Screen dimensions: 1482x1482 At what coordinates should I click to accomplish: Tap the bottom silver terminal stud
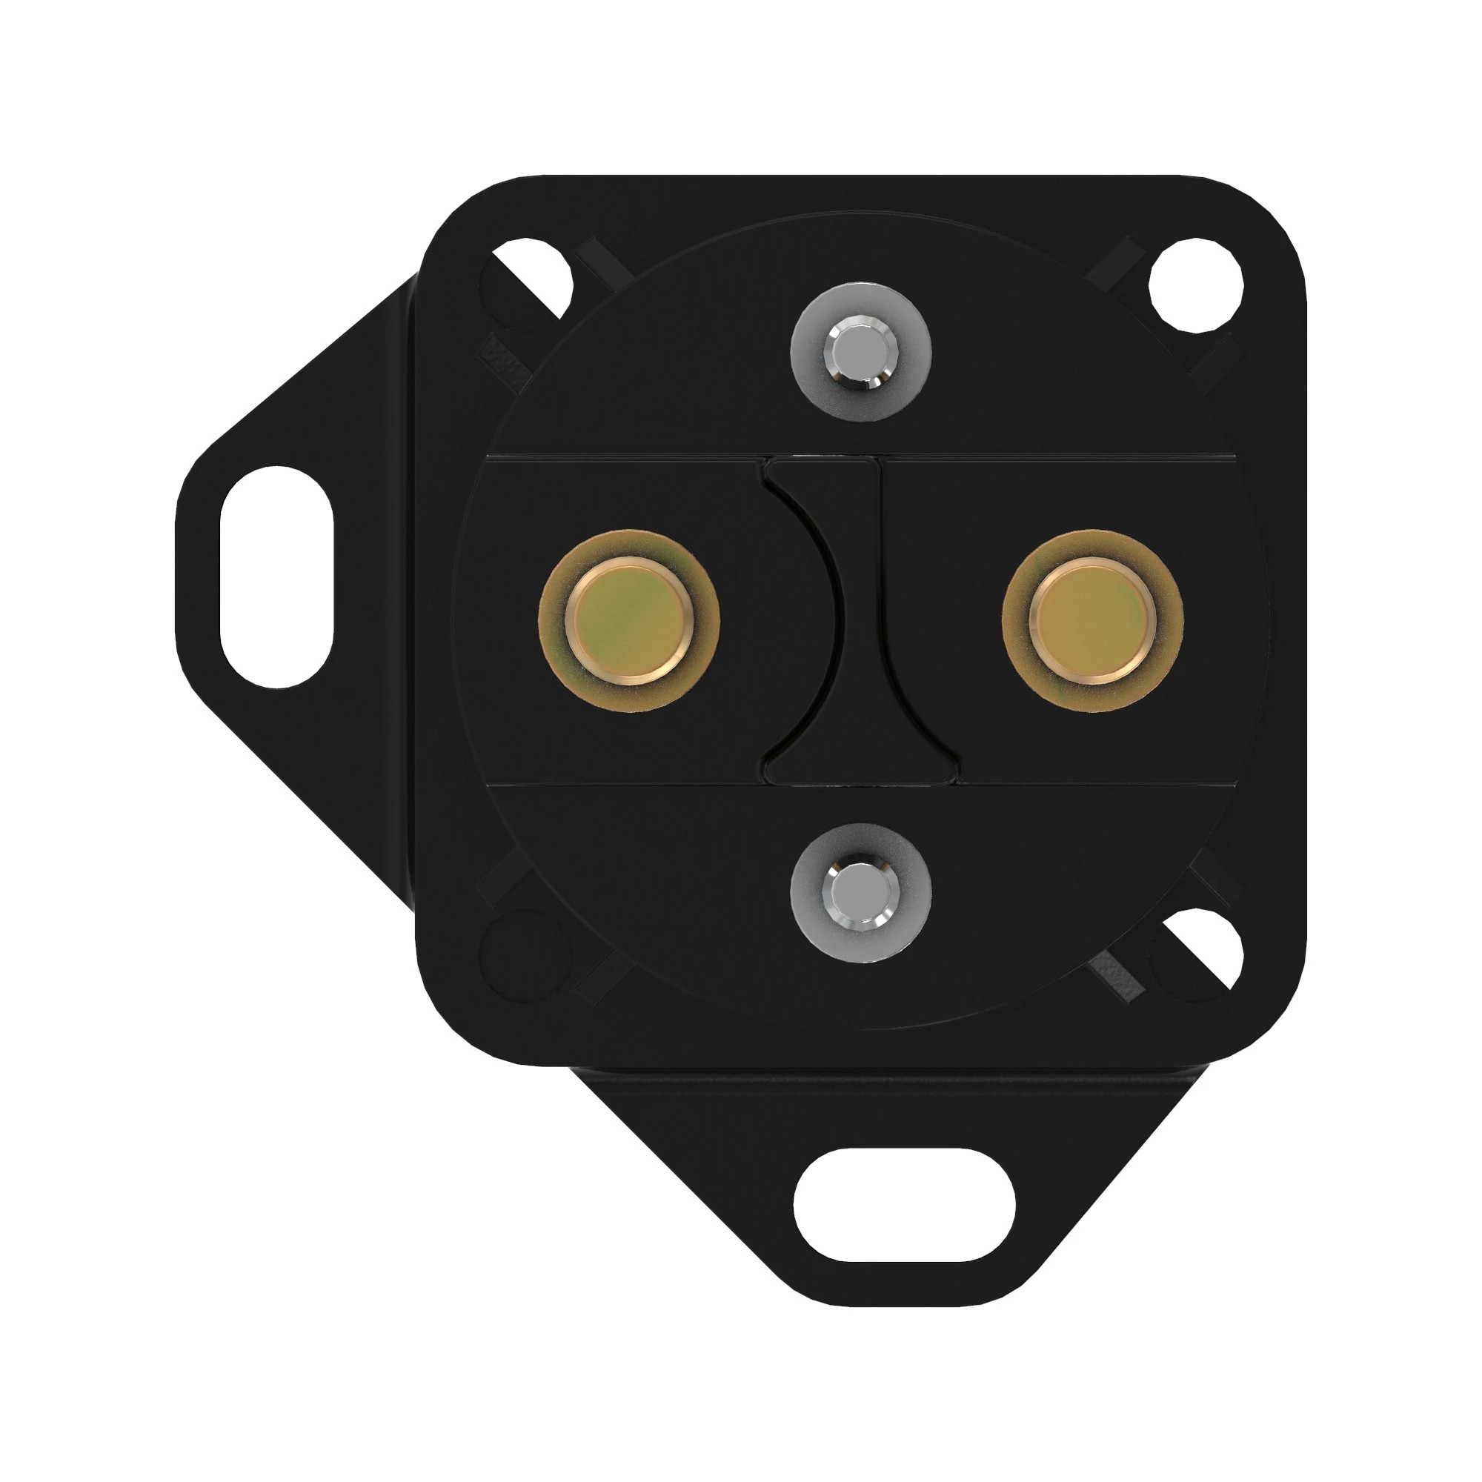tap(860, 894)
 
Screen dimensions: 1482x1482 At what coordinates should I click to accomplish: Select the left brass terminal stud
tap(629, 619)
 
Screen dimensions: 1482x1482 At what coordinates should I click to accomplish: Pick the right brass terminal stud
tap(1092, 619)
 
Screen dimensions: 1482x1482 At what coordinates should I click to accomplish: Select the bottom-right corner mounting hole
tap(1200, 951)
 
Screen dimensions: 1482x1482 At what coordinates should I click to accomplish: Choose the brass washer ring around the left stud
tap(556, 652)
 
